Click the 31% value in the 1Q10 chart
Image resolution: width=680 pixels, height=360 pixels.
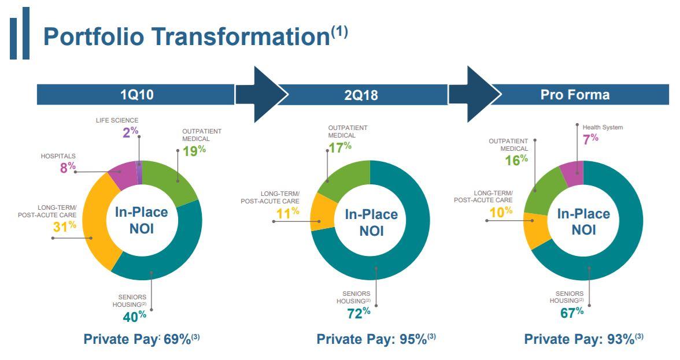(x=65, y=227)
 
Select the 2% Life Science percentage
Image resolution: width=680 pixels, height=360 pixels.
(x=130, y=132)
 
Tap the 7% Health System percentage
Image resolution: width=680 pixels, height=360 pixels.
(x=590, y=139)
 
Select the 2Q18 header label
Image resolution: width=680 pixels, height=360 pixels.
(x=361, y=95)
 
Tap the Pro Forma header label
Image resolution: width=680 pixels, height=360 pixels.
(x=575, y=94)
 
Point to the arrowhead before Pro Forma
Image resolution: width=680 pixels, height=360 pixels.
(x=478, y=94)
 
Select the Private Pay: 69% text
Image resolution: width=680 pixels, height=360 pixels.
(x=142, y=339)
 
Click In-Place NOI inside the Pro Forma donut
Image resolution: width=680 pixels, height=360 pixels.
(x=583, y=221)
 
